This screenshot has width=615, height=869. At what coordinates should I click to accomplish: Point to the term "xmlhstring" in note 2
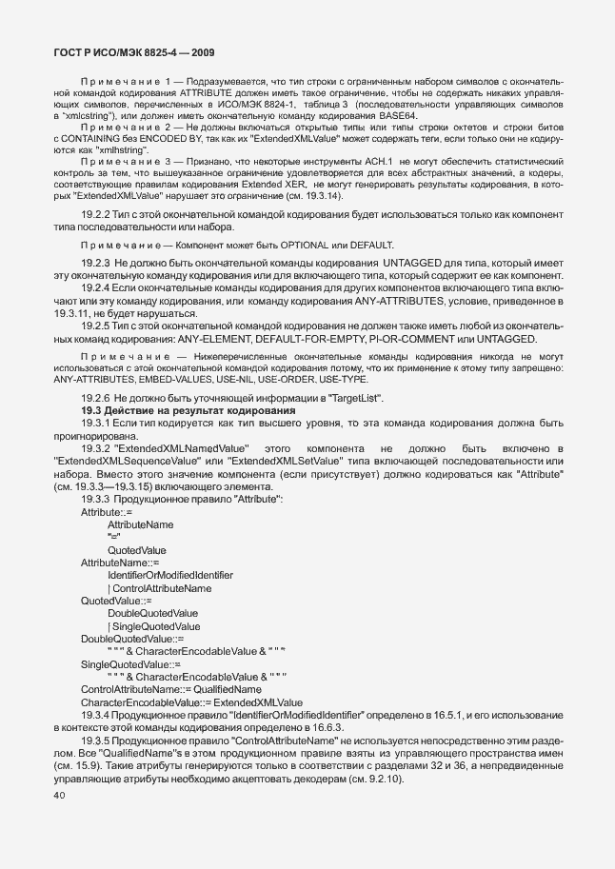point(118,149)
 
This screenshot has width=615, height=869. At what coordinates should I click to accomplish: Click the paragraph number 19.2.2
point(97,215)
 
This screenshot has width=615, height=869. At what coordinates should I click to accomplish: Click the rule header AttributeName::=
point(120,563)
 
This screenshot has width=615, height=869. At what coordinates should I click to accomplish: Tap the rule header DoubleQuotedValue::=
point(125,639)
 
